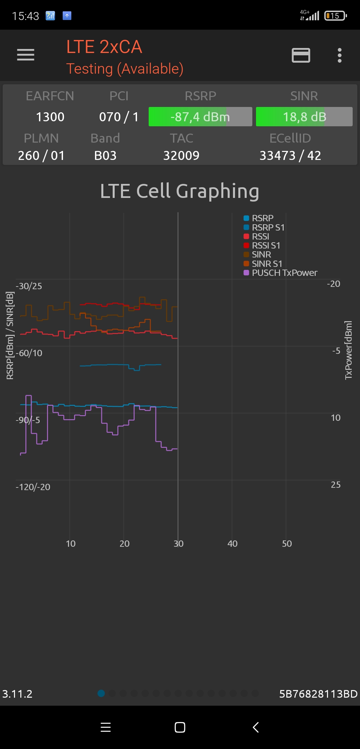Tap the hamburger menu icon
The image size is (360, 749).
click(26, 55)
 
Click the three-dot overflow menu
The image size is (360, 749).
click(339, 55)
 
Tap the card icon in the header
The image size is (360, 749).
click(301, 55)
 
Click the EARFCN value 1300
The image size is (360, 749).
click(50, 117)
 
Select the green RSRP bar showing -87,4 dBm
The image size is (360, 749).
click(200, 117)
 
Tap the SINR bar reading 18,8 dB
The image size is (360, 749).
click(304, 117)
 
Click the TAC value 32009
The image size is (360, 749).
click(181, 156)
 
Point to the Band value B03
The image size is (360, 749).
click(105, 156)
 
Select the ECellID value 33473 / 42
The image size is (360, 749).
click(290, 156)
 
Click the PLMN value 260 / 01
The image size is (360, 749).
click(41, 156)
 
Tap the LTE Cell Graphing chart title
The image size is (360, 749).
click(180, 191)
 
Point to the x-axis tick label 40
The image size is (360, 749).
click(232, 544)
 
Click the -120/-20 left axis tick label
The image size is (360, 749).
click(33, 487)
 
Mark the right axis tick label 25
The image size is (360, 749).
click(335, 485)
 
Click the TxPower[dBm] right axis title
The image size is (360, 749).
click(348, 350)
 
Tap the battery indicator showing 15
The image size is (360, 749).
click(336, 16)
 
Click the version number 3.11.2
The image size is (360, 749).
click(17, 694)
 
